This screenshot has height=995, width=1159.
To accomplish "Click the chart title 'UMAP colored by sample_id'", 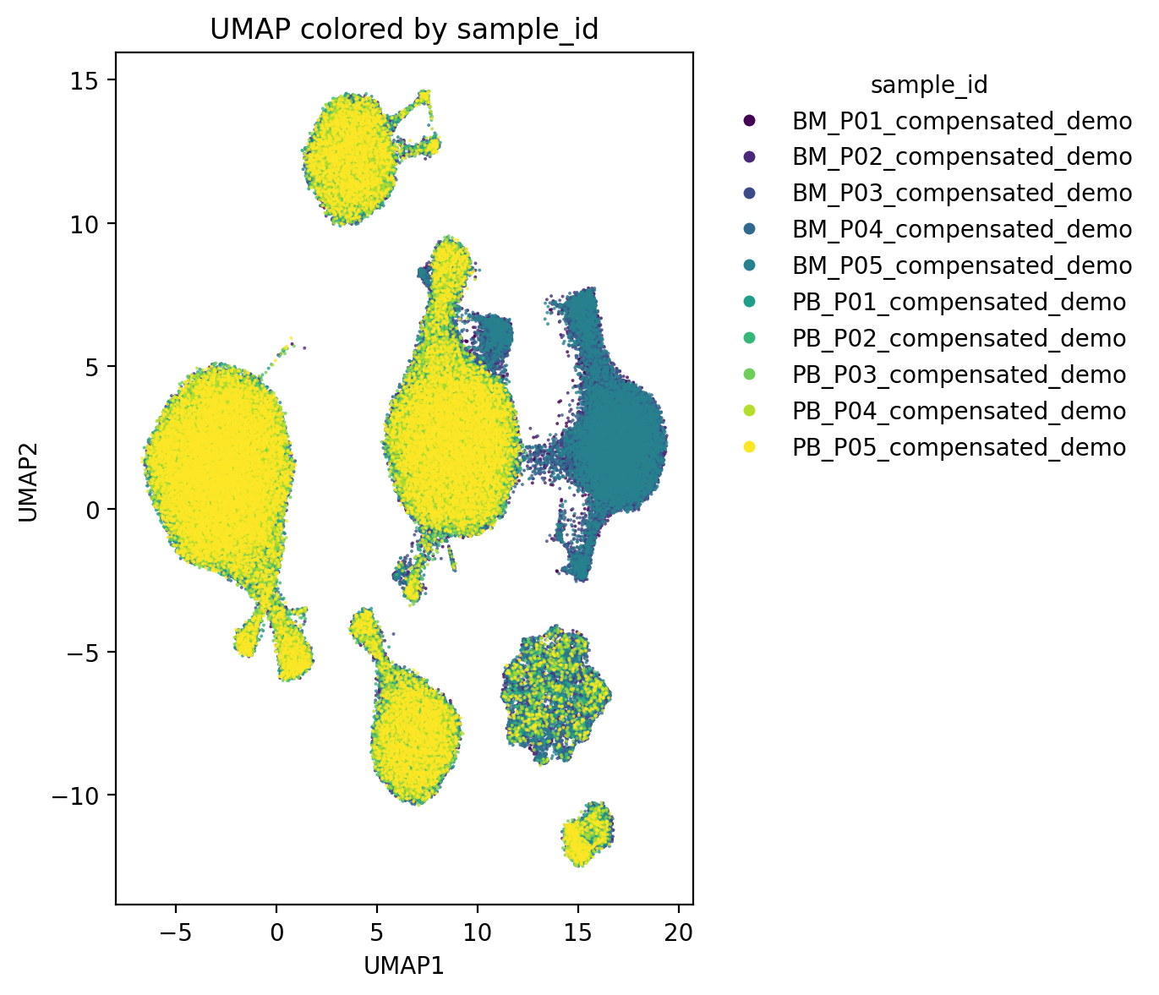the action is pyautogui.click(x=404, y=30).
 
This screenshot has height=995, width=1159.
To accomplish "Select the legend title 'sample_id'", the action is pyautogui.click(x=929, y=85).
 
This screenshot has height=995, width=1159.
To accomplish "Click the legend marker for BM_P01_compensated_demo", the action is pyautogui.click(x=748, y=121).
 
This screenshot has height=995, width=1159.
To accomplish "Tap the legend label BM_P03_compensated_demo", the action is pyautogui.click(x=962, y=193).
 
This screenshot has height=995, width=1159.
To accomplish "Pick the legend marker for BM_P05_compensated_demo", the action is pyautogui.click(x=748, y=265).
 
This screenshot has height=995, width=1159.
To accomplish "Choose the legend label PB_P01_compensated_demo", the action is pyautogui.click(x=959, y=303).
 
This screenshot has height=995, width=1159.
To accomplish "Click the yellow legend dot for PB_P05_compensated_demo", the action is pyautogui.click(x=748, y=447).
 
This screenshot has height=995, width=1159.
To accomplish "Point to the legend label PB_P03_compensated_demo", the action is pyautogui.click(x=959, y=374).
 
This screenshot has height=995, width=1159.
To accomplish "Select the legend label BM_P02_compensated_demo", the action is pyautogui.click(x=962, y=157).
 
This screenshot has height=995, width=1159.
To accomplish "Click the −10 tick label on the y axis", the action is pyautogui.click(x=75, y=796).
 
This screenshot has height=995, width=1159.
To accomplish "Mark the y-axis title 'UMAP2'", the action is pyautogui.click(x=28, y=483).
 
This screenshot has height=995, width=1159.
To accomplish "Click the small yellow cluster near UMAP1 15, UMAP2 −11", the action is pyautogui.click(x=587, y=834).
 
